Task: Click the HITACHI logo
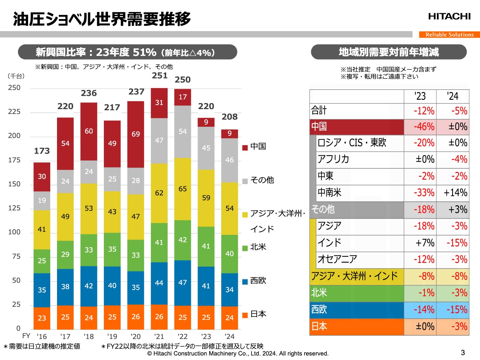449,16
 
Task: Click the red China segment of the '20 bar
136,134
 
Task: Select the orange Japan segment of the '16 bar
42,318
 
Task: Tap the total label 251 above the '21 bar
160,76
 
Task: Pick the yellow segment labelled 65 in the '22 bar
183,189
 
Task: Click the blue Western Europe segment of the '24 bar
229,289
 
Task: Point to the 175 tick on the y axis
14,160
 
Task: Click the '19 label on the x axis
112,336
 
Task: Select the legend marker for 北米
245,248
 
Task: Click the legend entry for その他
262,180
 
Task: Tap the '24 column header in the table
453,96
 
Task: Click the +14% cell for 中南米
453,193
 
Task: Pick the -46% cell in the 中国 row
420,127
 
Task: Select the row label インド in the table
330,243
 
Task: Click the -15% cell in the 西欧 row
453,310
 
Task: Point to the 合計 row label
319,111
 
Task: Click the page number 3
463,352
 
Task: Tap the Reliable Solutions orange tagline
449,34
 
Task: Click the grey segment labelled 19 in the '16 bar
42,201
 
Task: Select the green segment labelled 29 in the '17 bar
65,255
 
